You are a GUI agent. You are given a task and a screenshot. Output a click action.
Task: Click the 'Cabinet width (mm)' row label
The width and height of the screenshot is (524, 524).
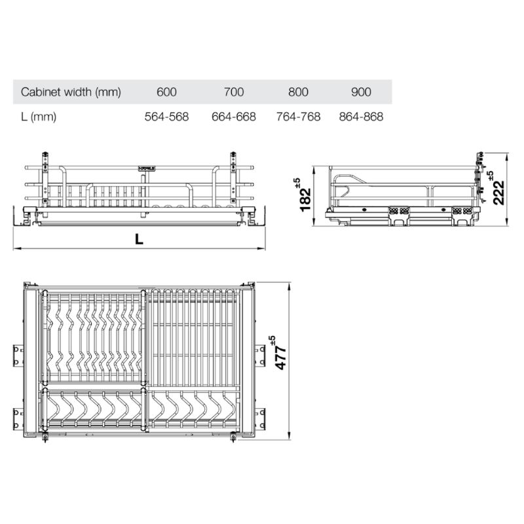pyautogui.click(x=71, y=92)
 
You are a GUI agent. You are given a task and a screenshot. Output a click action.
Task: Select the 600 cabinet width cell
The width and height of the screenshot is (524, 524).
pyautogui.click(x=166, y=92)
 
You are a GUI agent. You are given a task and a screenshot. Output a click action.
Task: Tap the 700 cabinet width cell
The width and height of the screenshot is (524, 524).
pyautogui.click(x=233, y=92)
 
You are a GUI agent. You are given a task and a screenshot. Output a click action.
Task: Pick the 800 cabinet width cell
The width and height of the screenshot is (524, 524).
pyautogui.click(x=298, y=92)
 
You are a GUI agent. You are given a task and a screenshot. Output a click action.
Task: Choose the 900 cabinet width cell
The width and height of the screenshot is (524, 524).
pyautogui.click(x=360, y=92)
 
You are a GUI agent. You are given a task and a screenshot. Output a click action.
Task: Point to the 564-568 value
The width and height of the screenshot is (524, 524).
pyautogui.click(x=166, y=117)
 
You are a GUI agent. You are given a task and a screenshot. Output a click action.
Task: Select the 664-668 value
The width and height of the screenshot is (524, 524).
pyautogui.click(x=233, y=117)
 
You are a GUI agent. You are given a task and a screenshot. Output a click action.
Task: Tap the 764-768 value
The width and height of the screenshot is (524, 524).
pyautogui.click(x=298, y=117)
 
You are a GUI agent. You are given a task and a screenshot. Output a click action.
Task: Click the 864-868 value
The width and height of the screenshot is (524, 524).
pyautogui.click(x=360, y=117)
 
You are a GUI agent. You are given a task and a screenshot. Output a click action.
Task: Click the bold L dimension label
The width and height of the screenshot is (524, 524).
pyautogui.click(x=139, y=240)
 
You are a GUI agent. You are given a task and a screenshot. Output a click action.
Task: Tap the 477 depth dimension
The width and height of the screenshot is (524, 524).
pyautogui.click(x=280, y=354)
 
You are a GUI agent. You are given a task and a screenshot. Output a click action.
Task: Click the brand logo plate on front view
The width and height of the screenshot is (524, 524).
pyautogui.click(x=147, y=168)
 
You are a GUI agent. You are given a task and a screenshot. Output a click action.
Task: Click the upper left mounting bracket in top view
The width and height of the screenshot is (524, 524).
pyautogui.click(x=18, y=354)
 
